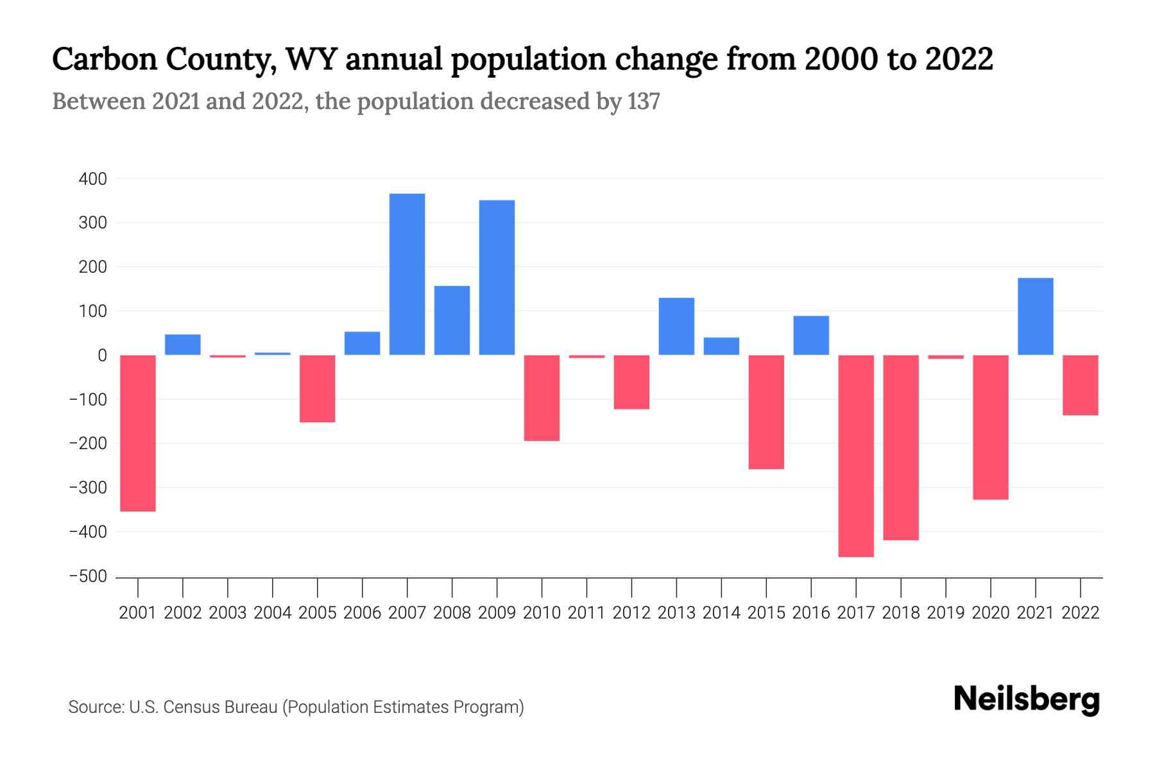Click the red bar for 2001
pos(138,433)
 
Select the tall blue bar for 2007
pos(407,274)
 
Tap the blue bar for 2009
pos(497,277)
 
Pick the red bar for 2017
pos(856,456)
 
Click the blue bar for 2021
pos(1035,316)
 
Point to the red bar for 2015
pos(766,412)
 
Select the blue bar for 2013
pos(676,326)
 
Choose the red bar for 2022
pos(1080,385)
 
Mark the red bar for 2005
pos(318,388)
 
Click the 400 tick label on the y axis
pos(93,179)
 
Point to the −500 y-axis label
pos(88,576)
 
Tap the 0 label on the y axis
pos(102,355)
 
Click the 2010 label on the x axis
pos(542,613)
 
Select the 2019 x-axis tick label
pos(945,613)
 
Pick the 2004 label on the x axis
pos(273,613)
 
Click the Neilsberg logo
pos(1026,699)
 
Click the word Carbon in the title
pos(105,59)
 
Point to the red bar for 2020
pos(990,427)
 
